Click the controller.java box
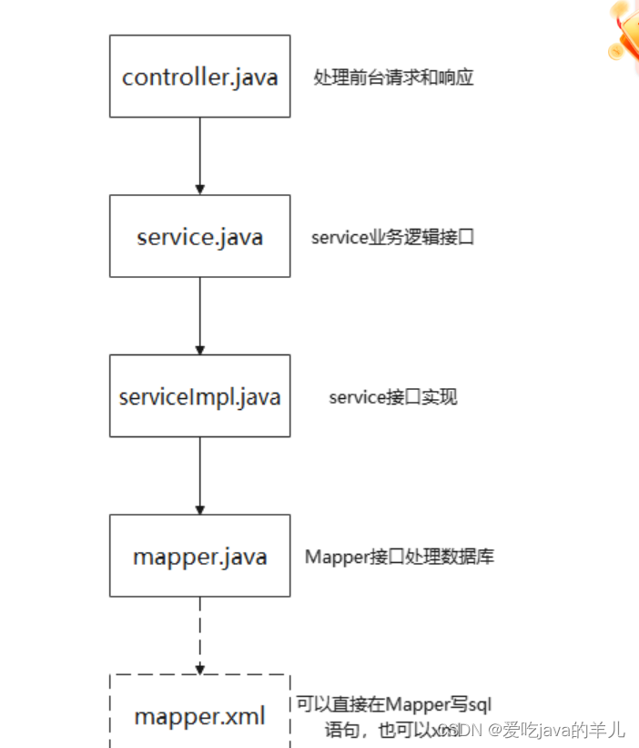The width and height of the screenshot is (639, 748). point(200,76)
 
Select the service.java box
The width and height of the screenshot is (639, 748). point(200,236)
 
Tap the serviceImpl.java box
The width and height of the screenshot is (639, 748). point(200,395)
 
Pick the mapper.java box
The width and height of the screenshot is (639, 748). point(200,556)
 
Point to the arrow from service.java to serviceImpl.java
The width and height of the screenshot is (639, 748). point(200,313)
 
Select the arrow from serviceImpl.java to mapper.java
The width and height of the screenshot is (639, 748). point(200,474)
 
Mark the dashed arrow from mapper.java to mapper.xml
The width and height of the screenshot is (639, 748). point(200,633)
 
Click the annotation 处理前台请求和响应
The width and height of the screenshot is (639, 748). point(393,77)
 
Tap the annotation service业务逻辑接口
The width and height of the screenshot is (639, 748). point(392,238)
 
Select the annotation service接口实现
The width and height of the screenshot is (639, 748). point(393,397)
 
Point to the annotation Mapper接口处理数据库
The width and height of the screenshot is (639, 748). point(400,557)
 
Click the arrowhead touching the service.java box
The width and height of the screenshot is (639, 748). point(200,189)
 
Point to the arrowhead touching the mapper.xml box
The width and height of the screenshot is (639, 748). point(200,669)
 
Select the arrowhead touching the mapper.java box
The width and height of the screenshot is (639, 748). point(200,508)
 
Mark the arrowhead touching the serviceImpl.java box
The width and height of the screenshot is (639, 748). point(200,349)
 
